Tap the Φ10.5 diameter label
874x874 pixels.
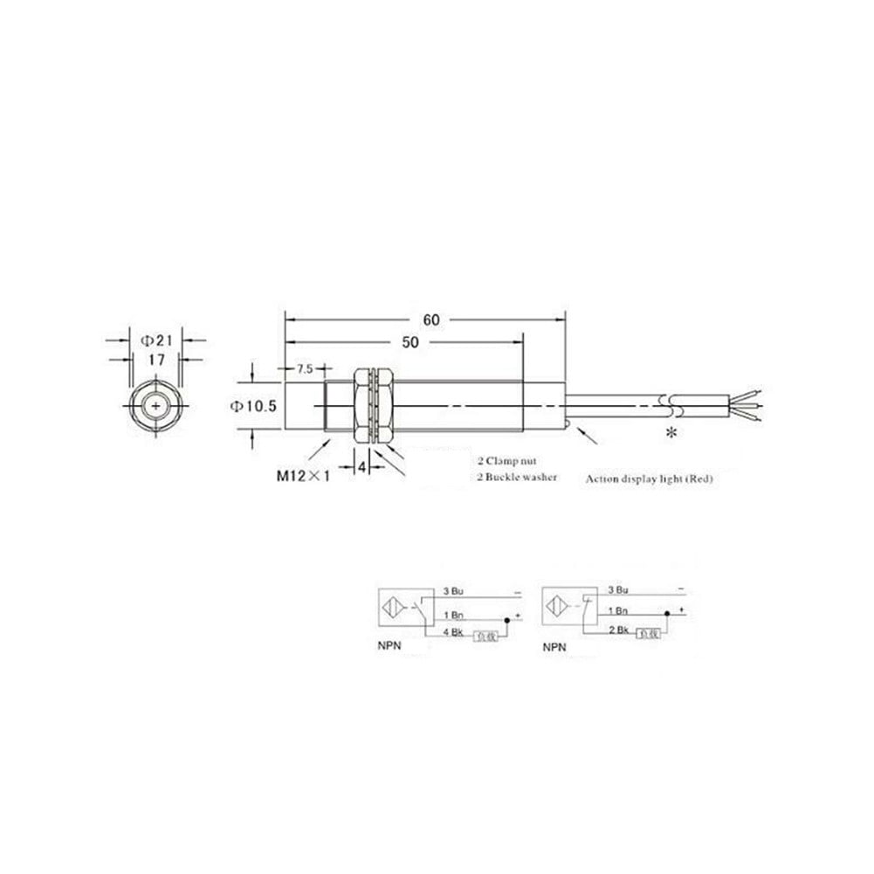tap(253, 405)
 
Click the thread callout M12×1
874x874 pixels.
tap(301, 476)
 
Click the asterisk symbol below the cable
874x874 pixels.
tap(671, 435)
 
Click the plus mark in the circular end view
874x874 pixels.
tap(155, 406)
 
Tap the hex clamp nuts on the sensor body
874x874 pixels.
tap(373, 406)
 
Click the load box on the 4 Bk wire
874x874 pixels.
tap(485, 637)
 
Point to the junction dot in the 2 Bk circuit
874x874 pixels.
tap(664, 613)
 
